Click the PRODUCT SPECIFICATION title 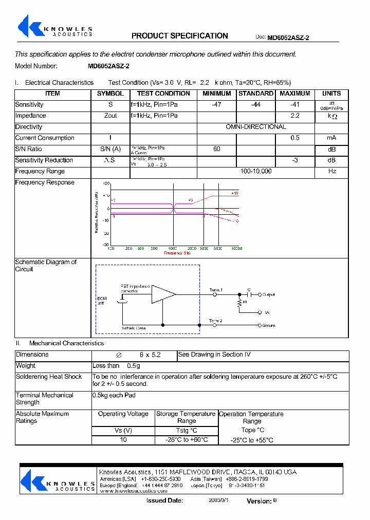179,36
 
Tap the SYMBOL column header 110,94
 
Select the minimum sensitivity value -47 216,105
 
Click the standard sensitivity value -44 255,105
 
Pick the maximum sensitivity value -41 294,105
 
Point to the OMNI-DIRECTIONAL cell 255,127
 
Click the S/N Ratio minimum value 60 216,149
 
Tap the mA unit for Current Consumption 331,138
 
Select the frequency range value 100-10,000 255,172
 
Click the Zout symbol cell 110,116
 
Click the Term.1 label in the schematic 216,290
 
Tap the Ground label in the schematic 269,325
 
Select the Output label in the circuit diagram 269,295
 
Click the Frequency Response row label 45,183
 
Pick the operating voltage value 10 123,440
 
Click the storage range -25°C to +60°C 187,440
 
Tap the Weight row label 26,366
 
